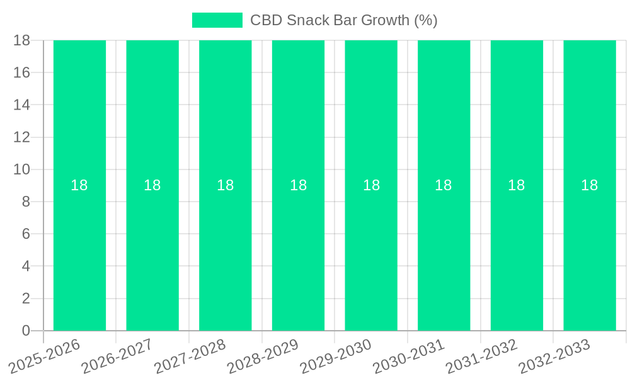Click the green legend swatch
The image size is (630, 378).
(x=217, y=20)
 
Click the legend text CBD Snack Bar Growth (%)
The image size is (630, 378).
(x=343, y=20)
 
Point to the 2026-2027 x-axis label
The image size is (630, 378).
(x=117, y=356)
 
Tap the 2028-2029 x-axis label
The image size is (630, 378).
(x=263, y=356)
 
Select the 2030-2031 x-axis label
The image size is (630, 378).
(x=409, y=356)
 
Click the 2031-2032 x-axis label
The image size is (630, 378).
(x=482, y=356)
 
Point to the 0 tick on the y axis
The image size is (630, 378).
(x=26, y=331)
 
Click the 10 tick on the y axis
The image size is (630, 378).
(x=21, y=169)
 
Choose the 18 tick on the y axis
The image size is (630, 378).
(x=21, y=40)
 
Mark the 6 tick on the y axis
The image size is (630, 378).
(x=26, y=234)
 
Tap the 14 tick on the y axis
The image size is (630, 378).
(x=21, y=105)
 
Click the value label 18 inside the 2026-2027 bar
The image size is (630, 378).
(x=152, y=185)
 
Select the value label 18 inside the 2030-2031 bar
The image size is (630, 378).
(x=444, y=185)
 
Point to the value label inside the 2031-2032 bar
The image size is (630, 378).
(x=517, y=185)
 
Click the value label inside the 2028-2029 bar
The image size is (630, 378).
(x=298, y=185)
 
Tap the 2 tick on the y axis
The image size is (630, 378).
(x=26, y=299)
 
